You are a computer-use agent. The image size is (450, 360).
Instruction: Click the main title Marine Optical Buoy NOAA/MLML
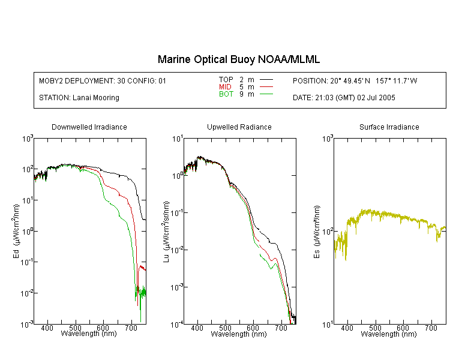[238, 59]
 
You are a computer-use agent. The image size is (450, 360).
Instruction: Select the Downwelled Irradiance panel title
[89, 127]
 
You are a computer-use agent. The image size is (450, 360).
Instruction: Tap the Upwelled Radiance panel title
[239, 127]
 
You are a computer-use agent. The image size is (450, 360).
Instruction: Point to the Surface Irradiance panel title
[389, 127]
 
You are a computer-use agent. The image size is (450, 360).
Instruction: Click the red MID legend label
[225, 86]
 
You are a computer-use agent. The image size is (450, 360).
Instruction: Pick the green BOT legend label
[226, 94]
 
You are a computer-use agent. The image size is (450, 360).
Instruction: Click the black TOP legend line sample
[266, 80]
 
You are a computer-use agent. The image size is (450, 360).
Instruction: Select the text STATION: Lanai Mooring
[79, 98]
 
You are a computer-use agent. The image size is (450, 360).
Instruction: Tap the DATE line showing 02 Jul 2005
[344, 98]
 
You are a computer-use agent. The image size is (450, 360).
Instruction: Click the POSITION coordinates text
[355, 81]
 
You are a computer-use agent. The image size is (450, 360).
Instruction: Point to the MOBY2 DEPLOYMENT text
[103, 81]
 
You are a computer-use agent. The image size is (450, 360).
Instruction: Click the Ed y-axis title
[16, 231]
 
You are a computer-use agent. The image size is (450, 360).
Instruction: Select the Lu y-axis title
[166, 232]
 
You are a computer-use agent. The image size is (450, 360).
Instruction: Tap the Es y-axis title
[316, 232]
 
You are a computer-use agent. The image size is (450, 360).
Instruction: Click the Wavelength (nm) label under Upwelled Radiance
[239, 334]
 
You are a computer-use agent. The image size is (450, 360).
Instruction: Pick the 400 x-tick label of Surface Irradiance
[347, 328]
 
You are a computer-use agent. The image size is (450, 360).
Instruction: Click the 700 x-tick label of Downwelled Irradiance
[131, 328]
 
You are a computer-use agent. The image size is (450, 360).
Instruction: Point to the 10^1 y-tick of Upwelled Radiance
[178, 139]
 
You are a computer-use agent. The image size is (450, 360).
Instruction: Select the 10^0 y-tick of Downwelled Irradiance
[28, 231]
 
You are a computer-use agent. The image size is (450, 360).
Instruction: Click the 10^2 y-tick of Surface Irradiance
[328, 232]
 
